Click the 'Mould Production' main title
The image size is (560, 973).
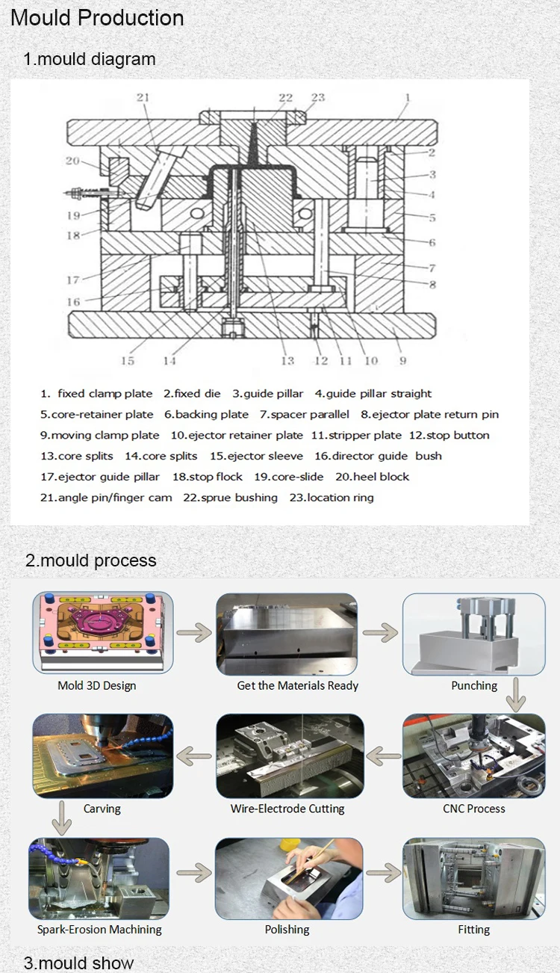click(97, 18)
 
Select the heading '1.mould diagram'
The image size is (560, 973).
click(90, 59)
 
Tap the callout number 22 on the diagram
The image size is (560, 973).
click(285, 98)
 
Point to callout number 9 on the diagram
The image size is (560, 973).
click(402, 361)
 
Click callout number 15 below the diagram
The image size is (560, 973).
click(128, 361)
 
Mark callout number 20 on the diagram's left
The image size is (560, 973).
click(72, 161)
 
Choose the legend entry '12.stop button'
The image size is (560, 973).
click(449, 435)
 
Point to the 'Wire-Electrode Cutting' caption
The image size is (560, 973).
click(287, 809)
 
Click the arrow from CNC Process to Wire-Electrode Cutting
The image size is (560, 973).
click(384, 756)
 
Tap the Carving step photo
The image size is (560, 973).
click(102, 756)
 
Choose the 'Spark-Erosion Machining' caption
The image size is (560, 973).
click(99, 930)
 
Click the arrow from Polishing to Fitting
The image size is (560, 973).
click(384, 872)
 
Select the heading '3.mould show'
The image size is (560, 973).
click(79, 963)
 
